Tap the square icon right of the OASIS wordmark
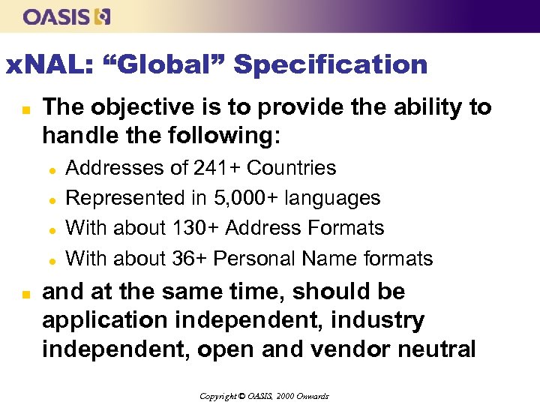(x=103, y=16)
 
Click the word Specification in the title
(x=330, y=64)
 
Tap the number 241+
(x=217, y=167)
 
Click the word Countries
(x=291, y=167)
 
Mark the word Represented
(x=124, y=198)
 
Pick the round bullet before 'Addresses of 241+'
(x=53, y=169)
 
